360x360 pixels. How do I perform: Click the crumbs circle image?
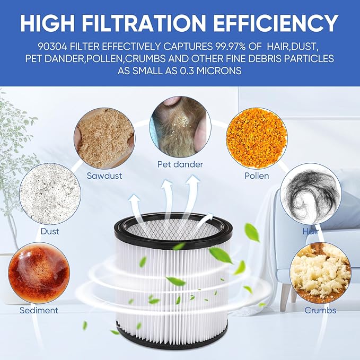pyautogui.click(x=320, y=274)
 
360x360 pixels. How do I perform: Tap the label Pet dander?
pyautogui.click(x=180, y=164)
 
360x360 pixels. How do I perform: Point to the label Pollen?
pyautogui.click(x=257, y=175)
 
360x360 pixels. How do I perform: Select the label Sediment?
pyautogui.click(x=39, y=310)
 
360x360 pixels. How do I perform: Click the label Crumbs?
pyautogui.click(x=320, y=310)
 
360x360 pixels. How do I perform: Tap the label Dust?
pyautogui.click(x=50, y=231)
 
